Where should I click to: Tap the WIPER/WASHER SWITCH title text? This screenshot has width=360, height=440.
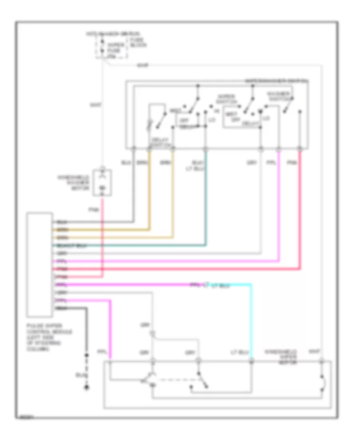click(x=276, y=81)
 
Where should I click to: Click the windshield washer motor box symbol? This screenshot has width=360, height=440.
click(x=102, y=184)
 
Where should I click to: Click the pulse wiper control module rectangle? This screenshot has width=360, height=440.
click(x=39, y=264)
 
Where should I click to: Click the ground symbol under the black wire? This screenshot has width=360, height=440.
click(x=85, y=387)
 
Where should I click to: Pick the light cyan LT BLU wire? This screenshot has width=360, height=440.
click(x=251, y=320)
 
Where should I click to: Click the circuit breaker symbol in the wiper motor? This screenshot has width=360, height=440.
click(x=322, y=383)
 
